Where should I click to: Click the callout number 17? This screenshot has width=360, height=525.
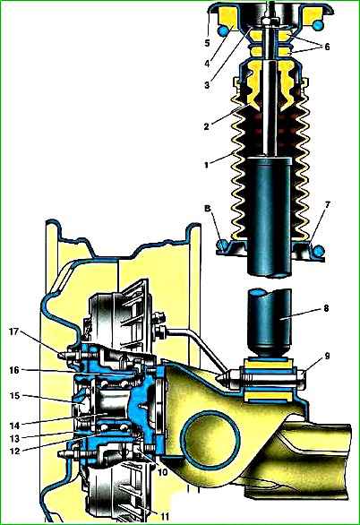tap(14, 332)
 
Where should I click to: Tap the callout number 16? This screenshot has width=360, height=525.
tap(15, 370)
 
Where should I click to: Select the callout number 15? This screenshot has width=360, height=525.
tap(15, 396)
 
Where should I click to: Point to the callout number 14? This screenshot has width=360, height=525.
tap(15, 426)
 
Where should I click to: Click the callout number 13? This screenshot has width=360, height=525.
tap(15, 438)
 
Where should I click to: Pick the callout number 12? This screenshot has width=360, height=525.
tap(15, 451)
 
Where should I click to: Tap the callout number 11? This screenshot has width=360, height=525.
tap(163, 516)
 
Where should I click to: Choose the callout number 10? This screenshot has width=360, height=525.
tap(162, 473)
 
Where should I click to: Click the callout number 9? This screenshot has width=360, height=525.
tap(326, 356)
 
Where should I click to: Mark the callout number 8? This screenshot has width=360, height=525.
tap(326, 307)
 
